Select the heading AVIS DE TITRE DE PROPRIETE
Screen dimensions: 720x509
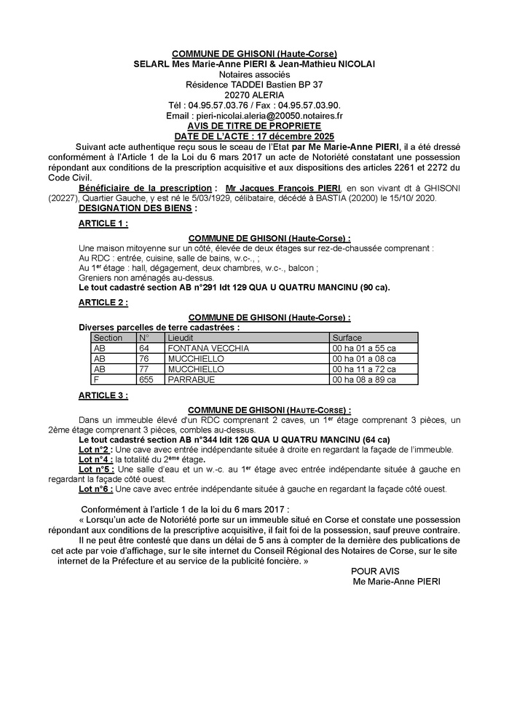pos(254,125)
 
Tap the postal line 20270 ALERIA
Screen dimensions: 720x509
pos(254,95)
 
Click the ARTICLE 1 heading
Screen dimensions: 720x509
pos(103,223)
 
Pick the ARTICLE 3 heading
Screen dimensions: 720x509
pos(103,395)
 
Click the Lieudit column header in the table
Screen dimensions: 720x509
pos(181,338)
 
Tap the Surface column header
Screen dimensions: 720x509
pos(347,338)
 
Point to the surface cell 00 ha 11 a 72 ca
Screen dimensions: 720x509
pos(364,369)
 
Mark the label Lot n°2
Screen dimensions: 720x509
pos(95,449)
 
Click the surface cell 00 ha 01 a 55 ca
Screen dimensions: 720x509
pos(364,349)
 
